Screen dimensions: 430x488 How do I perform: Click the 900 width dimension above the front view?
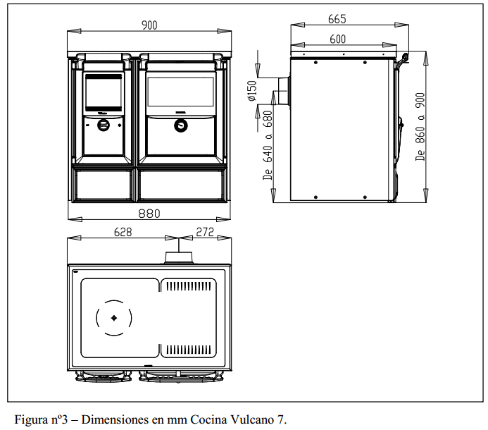[149, 25]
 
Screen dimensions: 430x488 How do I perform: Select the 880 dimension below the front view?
[149, 213]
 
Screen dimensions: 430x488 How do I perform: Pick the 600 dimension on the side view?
[337, 39]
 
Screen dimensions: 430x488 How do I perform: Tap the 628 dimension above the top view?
[125, 232]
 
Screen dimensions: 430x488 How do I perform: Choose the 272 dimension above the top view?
[205, 232]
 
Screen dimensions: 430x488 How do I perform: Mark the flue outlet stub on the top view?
[180, 257]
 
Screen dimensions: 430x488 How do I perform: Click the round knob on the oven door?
[182, 126]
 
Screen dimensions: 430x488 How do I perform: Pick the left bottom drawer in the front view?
[102, 185]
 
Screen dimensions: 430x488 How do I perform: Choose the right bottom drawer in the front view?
[182, 185]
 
